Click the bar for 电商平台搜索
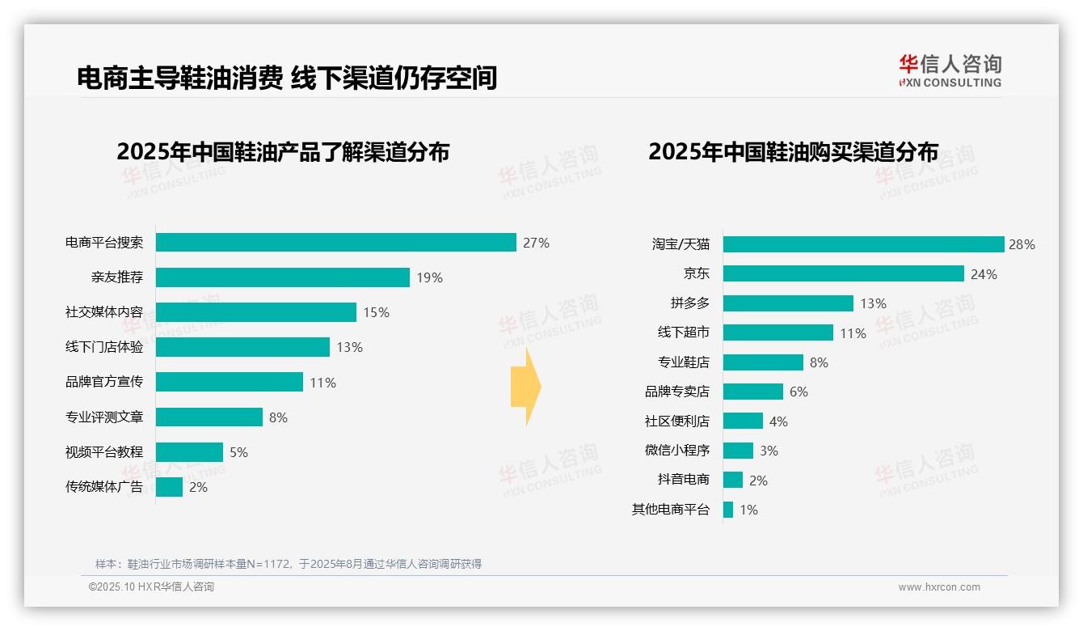pyautogui.click(x=335, y=243)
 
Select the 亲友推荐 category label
pyautogui.click(x=117, y=277)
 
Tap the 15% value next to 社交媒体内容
pyautogui.click(x=376, y=312)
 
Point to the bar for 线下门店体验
pyautogui.click(x=242, y=347)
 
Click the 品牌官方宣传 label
pyautogui.click(x=104, y=382)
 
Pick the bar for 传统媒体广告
pyautogui.click(x=169, y=487)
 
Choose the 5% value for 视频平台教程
pyautogui.click(x=238, y=452)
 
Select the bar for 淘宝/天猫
pyautogui.click(x=863, y=244)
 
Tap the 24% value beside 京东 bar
pyautogui.click(x=984, y=274)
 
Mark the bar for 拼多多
pyautogui.click(x=788, y=303)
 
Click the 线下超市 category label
pyautogui.click(x=684, y=332)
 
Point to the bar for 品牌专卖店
pyautogui.click(x=752, y=392)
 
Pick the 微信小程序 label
pyautogui.click(x=677, y=451)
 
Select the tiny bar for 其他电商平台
pyautogui.click(x=728, y=510)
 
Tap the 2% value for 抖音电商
pyautogui.click(x=758, y=481)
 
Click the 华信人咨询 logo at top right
pyautogui.click(x=950, y=70)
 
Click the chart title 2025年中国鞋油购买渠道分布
pyautogui.click(x=793, y=152)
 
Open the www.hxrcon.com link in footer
pyautogui.click(x=939, y=587)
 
